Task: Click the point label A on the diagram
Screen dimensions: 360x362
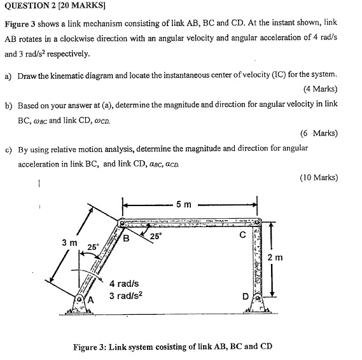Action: (90, 300)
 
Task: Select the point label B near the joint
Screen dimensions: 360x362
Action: (126, 239)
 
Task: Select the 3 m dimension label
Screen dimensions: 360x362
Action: (69, 242)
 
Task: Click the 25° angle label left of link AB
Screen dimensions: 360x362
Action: (93, 247)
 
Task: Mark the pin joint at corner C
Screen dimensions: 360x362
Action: (256, 223)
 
